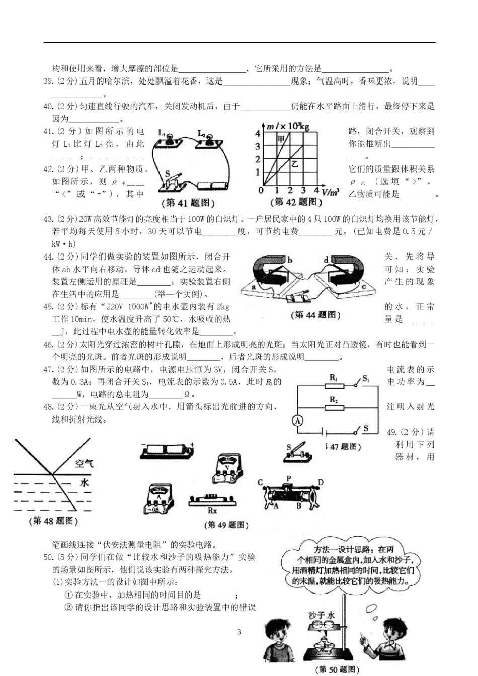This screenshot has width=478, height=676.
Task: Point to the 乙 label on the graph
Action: (295, 163)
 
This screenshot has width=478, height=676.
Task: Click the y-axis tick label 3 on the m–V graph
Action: (257, 146)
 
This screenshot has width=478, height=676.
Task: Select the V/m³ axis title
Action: (330, 192)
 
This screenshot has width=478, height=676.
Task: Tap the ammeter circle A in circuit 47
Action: (298, 421)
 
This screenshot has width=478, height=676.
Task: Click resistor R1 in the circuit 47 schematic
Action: (334, 385)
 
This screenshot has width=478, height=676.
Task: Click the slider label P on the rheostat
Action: (289, 478)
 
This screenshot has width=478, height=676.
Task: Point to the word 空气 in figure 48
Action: (84, 463)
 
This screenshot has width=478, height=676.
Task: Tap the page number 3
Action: (239, 632)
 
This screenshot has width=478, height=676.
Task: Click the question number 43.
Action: (48, 219)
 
